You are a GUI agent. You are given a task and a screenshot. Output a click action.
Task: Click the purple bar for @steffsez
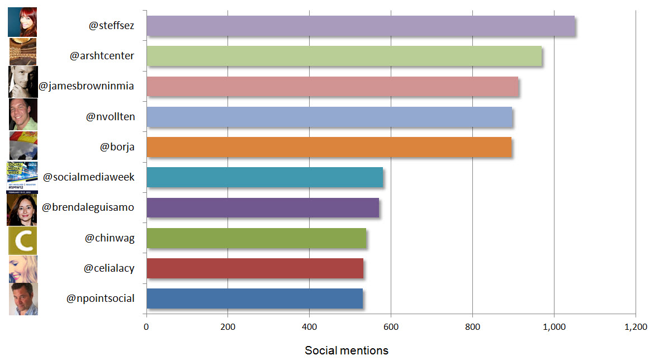coord(361,26)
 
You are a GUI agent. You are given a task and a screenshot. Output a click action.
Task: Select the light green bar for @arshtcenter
coord(344,56)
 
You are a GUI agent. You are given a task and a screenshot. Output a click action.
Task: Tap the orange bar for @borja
coord(329,147)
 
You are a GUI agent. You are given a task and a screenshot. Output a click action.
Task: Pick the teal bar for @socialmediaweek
coord(264,177)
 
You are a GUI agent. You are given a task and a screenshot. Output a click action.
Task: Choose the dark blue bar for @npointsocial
coord(254,298)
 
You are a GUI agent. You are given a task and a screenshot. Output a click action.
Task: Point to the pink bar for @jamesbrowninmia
coord(332,87)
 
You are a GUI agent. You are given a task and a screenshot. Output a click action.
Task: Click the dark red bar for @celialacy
coord(255,268)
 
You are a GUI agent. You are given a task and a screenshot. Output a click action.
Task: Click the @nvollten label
coord(110,117)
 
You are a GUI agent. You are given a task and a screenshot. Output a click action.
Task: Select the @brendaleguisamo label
coord(92,207)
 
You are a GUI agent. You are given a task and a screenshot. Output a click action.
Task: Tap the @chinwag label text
coord(110,238)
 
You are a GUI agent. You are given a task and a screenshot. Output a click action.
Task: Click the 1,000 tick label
coord(553,327)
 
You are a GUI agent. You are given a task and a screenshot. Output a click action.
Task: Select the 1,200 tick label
coord(635,327)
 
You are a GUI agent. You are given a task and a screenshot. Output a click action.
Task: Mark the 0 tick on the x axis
coord(146,327)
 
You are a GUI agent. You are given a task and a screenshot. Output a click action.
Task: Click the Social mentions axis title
coord(346,350)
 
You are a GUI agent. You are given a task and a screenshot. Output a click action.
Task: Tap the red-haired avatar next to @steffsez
coord(23,22)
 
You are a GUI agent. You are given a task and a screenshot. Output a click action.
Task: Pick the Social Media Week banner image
coord(22,177)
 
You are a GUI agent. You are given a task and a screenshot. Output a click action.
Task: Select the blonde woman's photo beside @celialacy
coord(23,269)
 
